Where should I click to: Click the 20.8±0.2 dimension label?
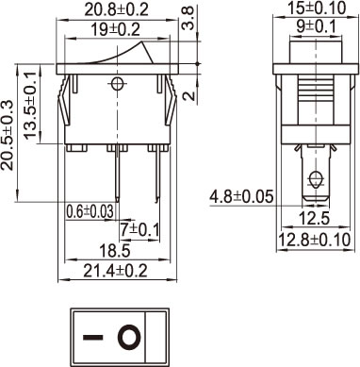tap(116, 10)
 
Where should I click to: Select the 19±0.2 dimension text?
tap(115, 30)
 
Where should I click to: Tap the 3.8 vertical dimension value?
tap(188, 19)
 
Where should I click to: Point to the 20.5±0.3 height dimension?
tap(8, 135)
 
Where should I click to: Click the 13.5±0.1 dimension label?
tap(30, 105)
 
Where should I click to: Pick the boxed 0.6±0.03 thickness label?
tap(90, 211)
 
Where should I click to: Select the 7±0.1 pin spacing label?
tap(139, 230)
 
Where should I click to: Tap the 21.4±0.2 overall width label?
tap(115, 271)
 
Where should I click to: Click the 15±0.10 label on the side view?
tap(318, 8)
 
